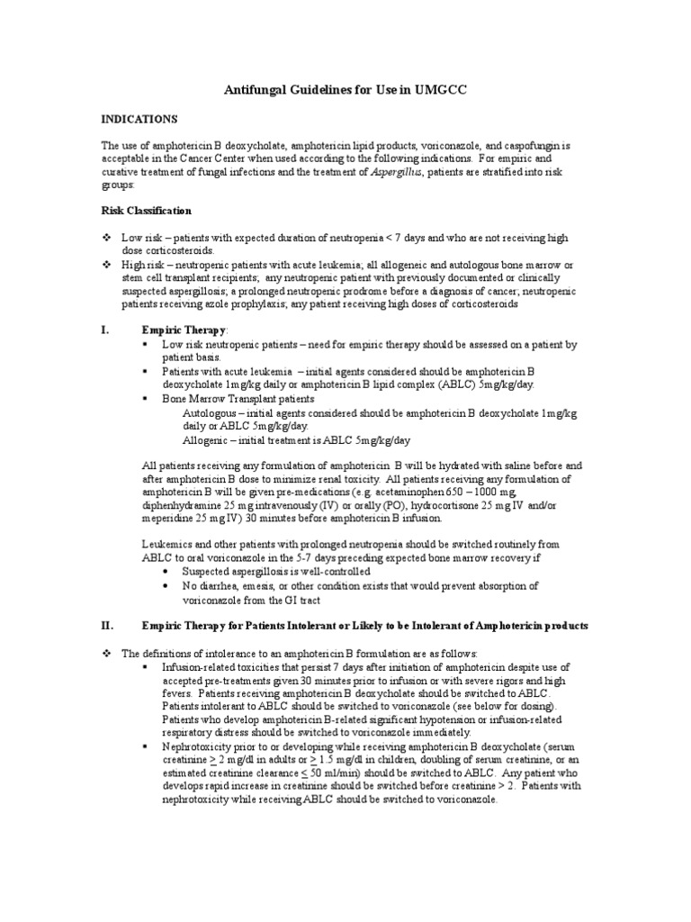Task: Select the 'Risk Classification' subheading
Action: coord(146,211)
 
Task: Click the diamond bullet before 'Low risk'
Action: coord(106,236)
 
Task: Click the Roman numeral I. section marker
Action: coord(104,330)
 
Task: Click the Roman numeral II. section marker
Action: coord(105,625)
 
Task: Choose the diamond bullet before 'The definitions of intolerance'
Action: coord(106,652)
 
